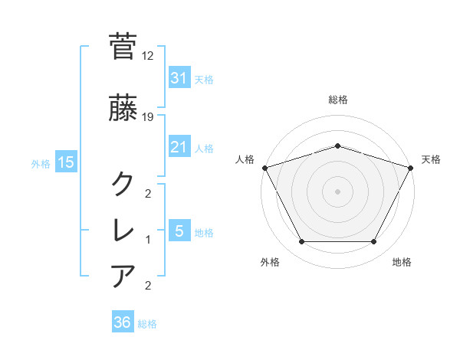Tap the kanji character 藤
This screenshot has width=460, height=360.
(123, 110)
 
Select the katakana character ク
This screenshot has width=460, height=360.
(123, 184)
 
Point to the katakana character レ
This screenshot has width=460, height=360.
(123, 229)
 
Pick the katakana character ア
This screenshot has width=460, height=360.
(123, 275)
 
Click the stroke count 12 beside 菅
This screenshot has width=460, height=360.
(149, 56)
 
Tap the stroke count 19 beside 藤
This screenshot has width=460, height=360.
(149, 118)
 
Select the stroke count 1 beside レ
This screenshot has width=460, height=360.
(148, 240)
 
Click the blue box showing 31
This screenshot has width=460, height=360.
(179, 78)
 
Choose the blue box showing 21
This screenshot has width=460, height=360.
(179, 147)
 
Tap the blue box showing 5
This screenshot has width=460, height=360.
(179, 231)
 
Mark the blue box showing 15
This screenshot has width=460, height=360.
(65, 162)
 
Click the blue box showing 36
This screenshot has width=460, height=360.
(123, 322)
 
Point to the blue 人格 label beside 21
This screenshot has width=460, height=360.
(204, 148)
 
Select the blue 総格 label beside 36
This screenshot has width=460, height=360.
(147, 324)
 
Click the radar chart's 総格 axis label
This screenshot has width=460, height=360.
(337, 100)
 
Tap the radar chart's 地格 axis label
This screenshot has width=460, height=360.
(402, 263)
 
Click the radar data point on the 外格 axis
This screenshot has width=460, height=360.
(301, 242)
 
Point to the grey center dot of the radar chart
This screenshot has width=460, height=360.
(337, 191)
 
